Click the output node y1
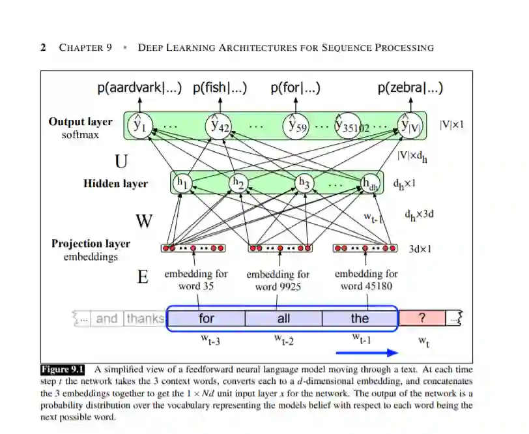[139, 125]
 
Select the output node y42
[219, 125]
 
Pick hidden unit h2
[238, 183]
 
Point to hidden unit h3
[303, 183]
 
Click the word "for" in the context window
[206, 318]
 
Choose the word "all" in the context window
[283, 318]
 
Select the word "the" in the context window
[360, 318]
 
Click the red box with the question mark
[422, 318]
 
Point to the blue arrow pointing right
[367, 353]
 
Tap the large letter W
[144, 222]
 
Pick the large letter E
[143, 277]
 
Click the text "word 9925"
[278, 286]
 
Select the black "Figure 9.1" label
[63, 369]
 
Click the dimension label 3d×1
[420, 248]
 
